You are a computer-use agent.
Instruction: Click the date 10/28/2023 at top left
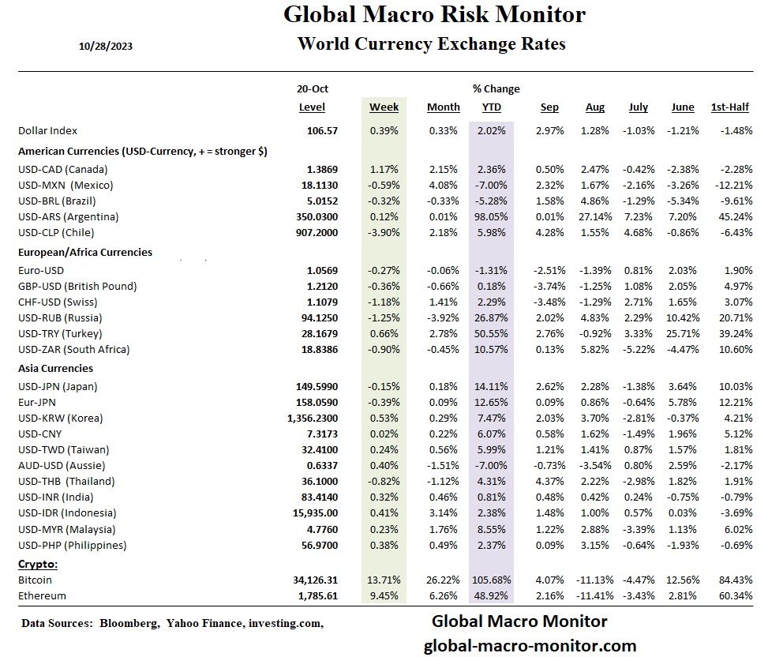coord(106,46)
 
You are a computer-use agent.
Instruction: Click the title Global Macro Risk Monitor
coord(434,14)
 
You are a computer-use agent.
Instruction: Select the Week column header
coord(384,107)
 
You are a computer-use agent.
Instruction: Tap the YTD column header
coord(491,107)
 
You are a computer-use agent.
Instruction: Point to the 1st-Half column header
coord(730,107)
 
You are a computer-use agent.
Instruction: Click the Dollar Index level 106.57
coord(322,131)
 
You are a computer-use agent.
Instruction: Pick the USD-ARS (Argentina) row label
coord(68,216)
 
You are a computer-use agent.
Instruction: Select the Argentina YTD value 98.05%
coord(490,216)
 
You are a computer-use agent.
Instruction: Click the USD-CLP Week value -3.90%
coord(384,232)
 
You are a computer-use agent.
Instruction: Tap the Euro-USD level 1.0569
coord(322,270)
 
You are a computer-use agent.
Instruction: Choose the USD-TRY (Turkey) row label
coord(63,333)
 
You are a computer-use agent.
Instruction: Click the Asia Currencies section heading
coord(55,368)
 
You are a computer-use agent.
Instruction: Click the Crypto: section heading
coord(38,565)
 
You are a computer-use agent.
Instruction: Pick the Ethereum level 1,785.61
coord(315,596)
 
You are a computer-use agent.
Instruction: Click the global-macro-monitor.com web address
coord(530,645)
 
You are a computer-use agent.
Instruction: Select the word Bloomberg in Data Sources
coord(129,623)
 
